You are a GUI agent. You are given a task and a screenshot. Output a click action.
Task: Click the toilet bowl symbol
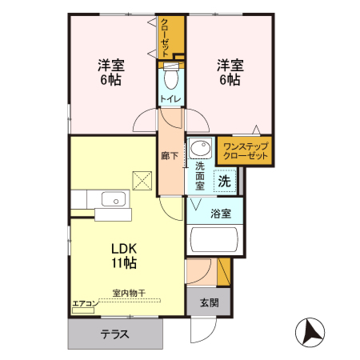click(x=170, y=80)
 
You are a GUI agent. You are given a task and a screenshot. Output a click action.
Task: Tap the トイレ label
click(x=170, y=98)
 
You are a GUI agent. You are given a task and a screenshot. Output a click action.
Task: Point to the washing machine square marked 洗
click(x=225, y=181)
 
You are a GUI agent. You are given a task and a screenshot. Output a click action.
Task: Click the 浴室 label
click(x=221, y=214)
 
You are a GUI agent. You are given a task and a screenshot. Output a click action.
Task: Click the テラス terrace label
click(x=115, y=335)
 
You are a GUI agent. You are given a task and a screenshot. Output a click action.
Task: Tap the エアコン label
click(x=84, y=303)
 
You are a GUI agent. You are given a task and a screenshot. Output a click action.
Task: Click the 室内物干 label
click(x=128, y=293)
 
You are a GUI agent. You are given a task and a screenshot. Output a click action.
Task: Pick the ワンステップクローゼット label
click(x=244, y=151)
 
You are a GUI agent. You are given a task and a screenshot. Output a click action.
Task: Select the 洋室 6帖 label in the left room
click(x=110, y=71)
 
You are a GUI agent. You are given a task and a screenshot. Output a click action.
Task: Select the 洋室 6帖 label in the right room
click(x=229, y=71)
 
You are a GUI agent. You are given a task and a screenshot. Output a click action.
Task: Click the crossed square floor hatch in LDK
click(x=142, y=181)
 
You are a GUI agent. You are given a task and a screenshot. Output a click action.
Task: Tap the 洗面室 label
click(x=200, y=175)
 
